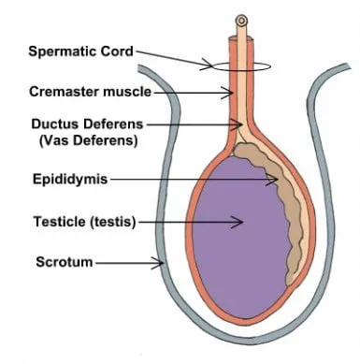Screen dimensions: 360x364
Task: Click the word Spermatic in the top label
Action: pyautogui.click(x=63, y=51)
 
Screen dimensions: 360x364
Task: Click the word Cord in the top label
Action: pyautogui.click(x=117, y=51)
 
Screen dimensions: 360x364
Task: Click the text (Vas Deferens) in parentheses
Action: pyautogui.click(x=89, y=140)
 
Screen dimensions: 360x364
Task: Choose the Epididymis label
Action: pyautogui.click(x=70, y=180)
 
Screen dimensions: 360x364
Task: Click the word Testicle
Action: pyautogui.click(x=60, y=222)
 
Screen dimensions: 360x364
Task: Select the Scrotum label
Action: pyautogui.click(x=65, y=262)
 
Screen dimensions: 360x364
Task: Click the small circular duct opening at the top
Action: pyautogui.click(x=241, y=22)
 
